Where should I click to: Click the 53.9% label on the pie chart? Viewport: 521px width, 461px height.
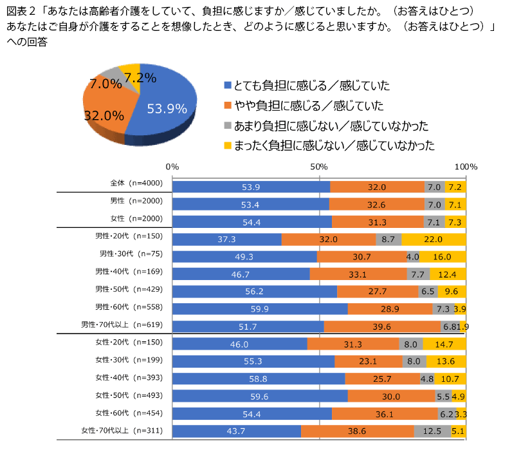(167, 109)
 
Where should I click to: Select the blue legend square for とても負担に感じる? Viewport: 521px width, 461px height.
(227, 85)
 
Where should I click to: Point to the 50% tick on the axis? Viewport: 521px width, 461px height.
(320, 167)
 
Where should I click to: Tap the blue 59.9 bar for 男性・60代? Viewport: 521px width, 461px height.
(260, 309)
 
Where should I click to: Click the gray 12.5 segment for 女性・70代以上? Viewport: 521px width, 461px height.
(432, 431)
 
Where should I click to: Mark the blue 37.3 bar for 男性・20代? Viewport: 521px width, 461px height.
(228, 239)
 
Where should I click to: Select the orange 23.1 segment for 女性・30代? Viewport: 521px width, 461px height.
(369, 361)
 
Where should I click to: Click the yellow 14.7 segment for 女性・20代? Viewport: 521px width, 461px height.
(445, 344)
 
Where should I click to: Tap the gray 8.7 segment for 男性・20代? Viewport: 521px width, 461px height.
(388, 239)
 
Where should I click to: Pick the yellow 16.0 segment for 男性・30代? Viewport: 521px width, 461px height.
(443, 256)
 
